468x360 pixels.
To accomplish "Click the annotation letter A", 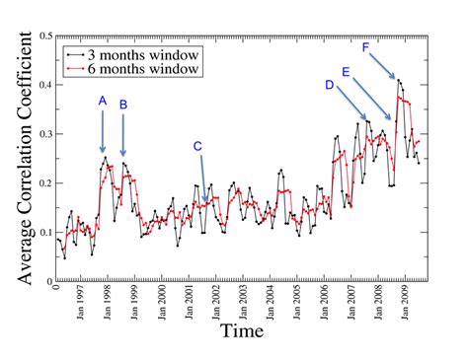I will click(103, 102).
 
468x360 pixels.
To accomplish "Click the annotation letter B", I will click(123, 105).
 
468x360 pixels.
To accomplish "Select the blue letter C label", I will click(197, 147).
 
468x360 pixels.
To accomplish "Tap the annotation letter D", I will click(329, 85).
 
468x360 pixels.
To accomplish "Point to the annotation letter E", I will click(346, 72).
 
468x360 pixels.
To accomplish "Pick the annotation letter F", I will click(366, 47).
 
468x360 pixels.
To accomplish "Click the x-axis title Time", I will click(241, 330).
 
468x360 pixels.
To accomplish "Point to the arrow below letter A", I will click(103, 130).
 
